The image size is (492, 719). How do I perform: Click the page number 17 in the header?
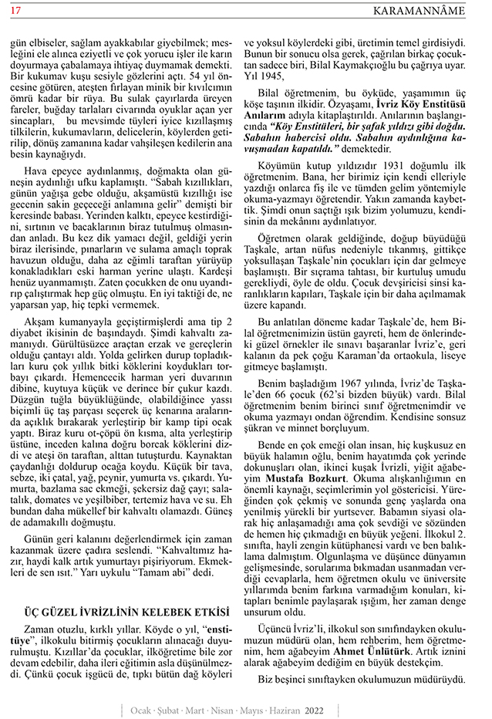tap(15, 10)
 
